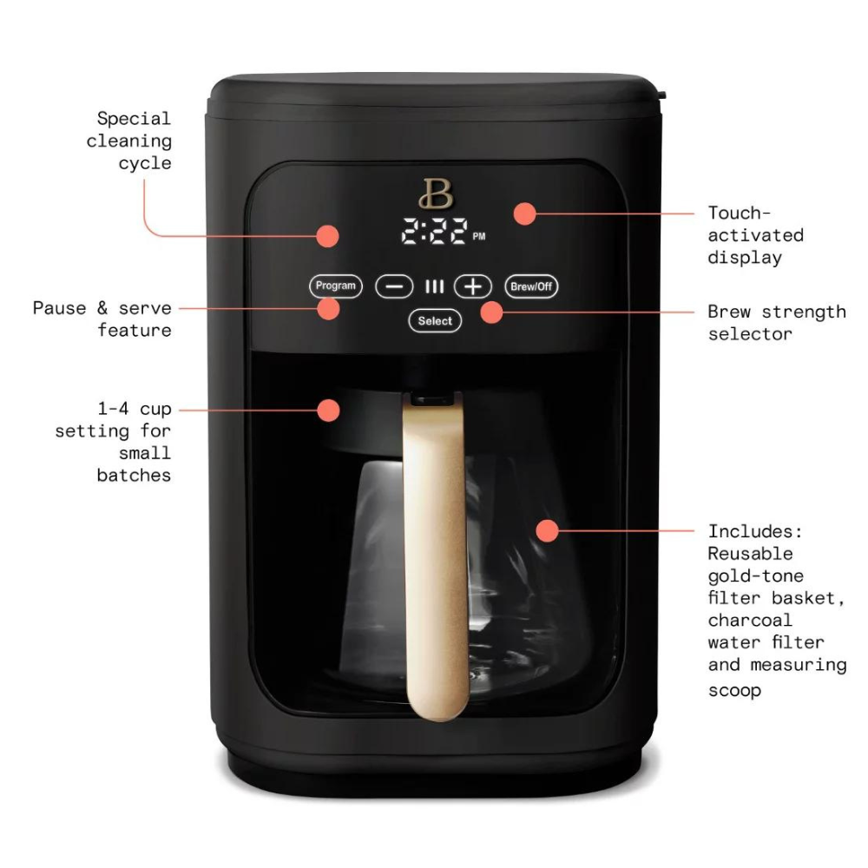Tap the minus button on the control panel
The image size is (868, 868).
tap(394, 286)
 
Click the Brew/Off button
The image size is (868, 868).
tap(531, 286)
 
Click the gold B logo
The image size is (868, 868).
tap(436, 194)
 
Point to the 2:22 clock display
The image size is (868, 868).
tap(434, 233)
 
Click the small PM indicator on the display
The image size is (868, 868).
tap(479, 236)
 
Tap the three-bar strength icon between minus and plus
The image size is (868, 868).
tap(434, 286)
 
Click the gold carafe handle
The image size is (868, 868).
tap(437, 556)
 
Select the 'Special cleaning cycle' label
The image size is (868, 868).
tap(131, 141)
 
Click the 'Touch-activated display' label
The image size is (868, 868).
tap(755, 235)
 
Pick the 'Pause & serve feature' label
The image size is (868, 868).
tap(102, 319)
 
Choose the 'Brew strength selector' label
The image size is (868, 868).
tap(776, 322)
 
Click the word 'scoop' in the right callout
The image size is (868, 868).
tap(734, 691)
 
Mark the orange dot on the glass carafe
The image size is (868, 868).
tap(546, 529)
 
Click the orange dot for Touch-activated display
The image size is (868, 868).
tap(524, 213)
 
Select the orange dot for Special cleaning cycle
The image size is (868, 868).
tap(327, 235)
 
